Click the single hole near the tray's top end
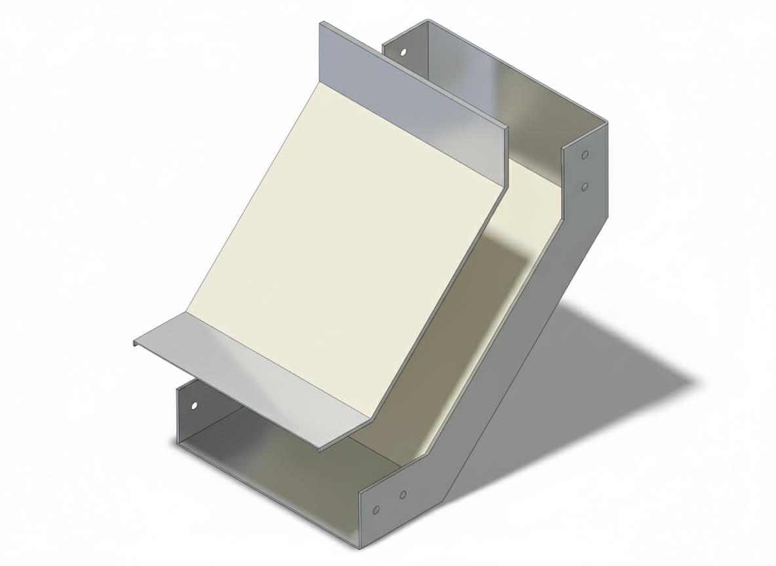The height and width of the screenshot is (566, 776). [404, 51]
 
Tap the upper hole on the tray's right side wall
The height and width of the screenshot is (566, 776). [585, 155]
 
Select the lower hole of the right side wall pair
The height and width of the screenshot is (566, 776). [585, 187]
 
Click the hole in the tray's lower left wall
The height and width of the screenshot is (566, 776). [193, 405]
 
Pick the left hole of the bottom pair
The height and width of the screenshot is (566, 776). [376, 510]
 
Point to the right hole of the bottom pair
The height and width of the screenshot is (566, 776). [403, 494]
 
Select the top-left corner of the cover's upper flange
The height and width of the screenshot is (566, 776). [320, 23]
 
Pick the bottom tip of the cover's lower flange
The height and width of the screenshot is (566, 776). [320, 450]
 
